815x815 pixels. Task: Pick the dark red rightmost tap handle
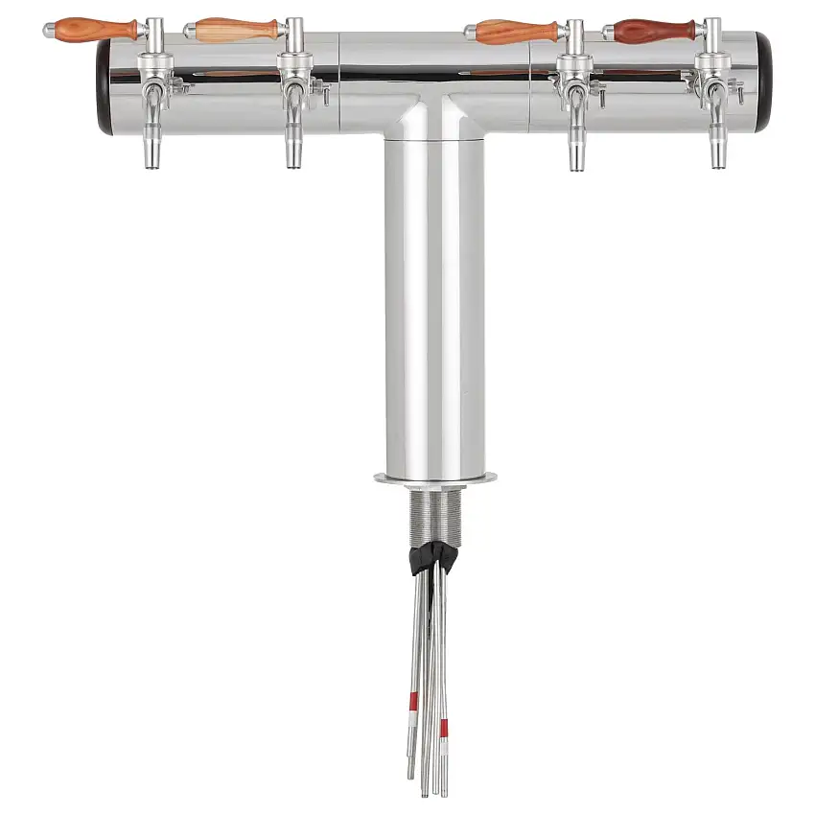(x=656, y=31)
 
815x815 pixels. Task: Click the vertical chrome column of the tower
(x=433, y=307)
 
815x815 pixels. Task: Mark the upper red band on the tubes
(x=414, y=702)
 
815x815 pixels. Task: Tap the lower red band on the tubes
(x=443, y=734)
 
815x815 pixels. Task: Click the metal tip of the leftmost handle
(x=49, y=31)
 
